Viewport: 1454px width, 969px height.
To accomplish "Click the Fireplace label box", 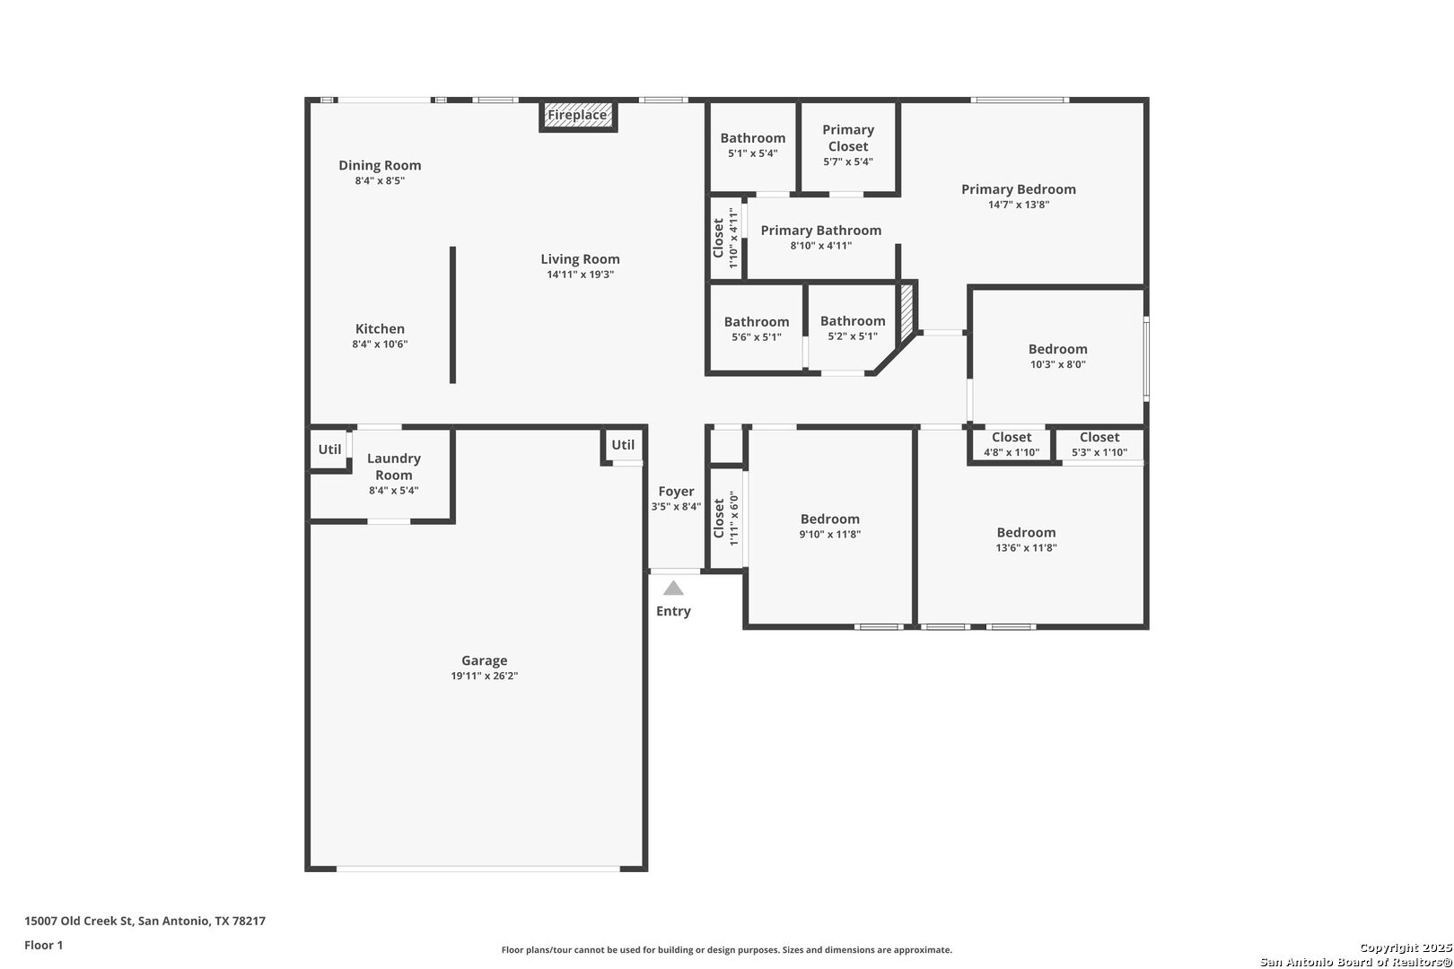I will click(578, 116).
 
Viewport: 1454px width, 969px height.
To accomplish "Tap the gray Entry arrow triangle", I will click(673, 589).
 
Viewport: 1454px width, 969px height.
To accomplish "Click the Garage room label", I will click(484, 660).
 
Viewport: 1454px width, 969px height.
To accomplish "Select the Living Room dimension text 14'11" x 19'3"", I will click(580, 275).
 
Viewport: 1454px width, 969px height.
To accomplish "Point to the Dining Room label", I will click(380, 165).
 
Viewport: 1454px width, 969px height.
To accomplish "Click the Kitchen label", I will click(380, 328).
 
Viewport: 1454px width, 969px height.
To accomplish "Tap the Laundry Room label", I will click(393, 467).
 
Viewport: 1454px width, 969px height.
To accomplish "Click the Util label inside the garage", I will click(623, 445).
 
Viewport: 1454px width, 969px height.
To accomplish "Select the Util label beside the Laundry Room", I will click(329, 450).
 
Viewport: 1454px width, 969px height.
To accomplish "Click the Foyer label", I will click(676, 491).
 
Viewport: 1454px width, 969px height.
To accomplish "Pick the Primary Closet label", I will click(848, 137).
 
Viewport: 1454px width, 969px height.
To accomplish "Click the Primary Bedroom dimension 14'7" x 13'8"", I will click(1019, 205).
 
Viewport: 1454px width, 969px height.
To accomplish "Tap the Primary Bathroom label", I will click(820, 231).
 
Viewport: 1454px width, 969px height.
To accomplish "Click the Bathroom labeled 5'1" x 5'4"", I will click(752, 138).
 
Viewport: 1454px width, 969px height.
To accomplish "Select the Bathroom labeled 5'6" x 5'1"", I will click(757, 322).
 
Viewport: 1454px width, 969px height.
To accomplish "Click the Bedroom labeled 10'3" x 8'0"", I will click(1057, 349).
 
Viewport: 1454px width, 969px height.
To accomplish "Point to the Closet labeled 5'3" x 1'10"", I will click(1099, 438).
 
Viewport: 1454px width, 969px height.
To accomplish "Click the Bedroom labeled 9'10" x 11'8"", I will click(829, 519).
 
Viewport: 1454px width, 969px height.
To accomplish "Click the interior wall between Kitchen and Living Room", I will click(452, 314).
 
